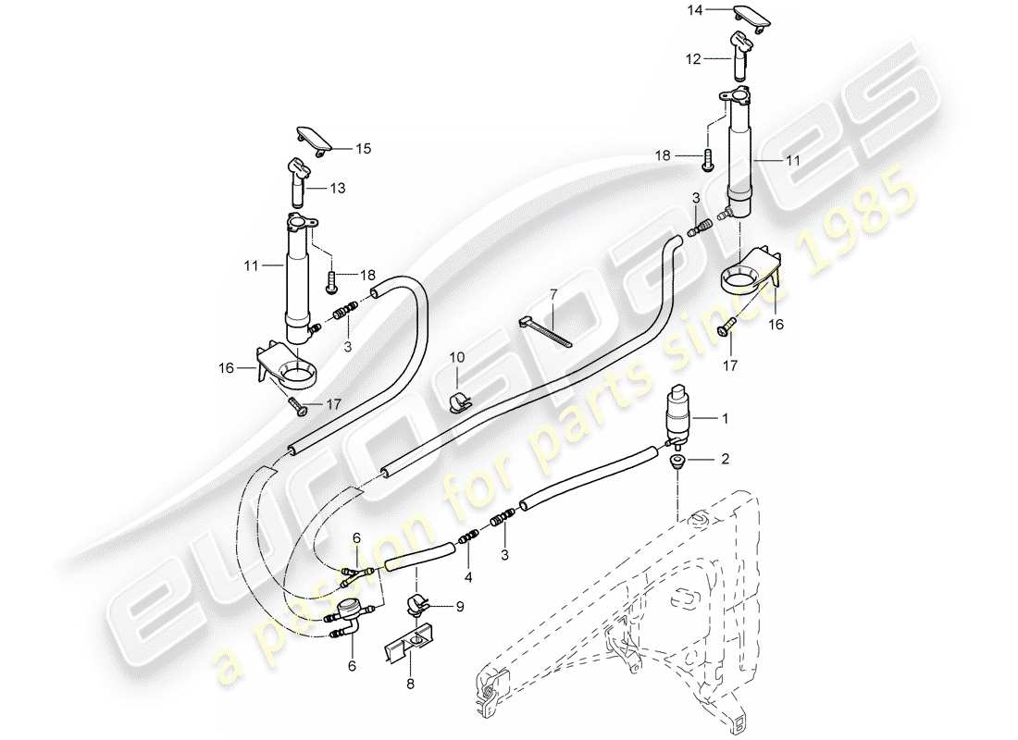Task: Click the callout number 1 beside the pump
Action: pos(726,419)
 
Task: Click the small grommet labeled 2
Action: pos(677,460)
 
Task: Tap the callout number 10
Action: pos(457,357)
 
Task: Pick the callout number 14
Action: pos(693,10)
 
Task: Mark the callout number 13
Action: pos(338,188)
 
